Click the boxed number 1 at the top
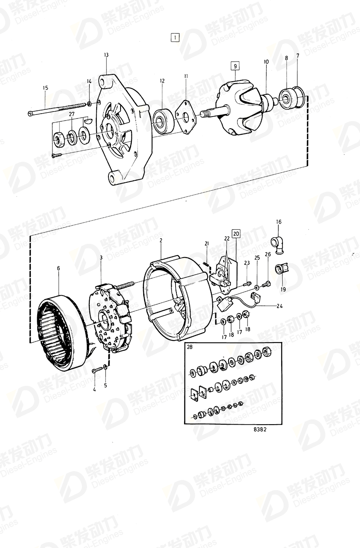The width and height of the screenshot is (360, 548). pos(174,38)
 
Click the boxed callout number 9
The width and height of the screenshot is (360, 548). pos(235,65)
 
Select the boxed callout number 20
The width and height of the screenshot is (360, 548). pos(236,233)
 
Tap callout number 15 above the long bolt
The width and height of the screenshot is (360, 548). pos(45,88)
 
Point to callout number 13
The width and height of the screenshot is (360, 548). pos(106,55)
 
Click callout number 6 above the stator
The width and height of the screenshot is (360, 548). pos(58,268)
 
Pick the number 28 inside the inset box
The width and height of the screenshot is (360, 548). pos(190,347)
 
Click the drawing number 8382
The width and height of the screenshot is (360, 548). pos(260,430)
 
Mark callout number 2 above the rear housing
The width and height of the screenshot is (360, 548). pos(161,240)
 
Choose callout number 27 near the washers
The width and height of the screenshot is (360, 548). pos(72,114)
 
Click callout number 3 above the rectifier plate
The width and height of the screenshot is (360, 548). pos(101,258)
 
